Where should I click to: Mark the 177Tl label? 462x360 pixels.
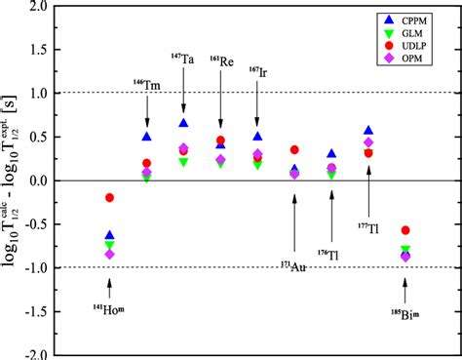[x=368, y=229]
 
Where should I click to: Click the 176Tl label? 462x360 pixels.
[x=332, y=255]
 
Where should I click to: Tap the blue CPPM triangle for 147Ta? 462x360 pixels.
[x=183, y=123]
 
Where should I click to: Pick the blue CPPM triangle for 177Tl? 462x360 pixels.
[x=368, y=130]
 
